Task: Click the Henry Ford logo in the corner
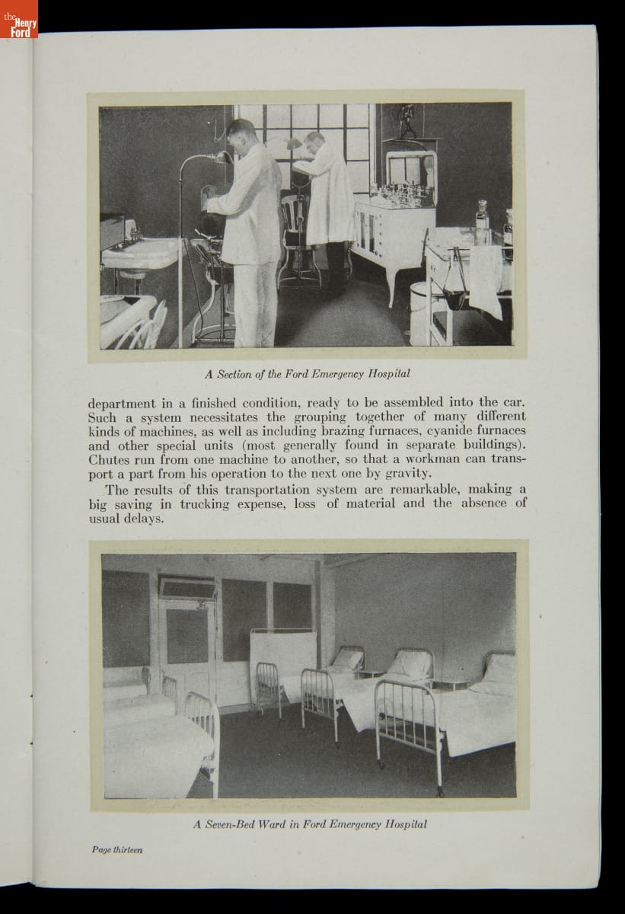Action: click(18, 26)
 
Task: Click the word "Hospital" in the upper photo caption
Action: click(387, 374)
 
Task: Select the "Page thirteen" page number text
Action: click(117, 849)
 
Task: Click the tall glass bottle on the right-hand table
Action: click(481, 222)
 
